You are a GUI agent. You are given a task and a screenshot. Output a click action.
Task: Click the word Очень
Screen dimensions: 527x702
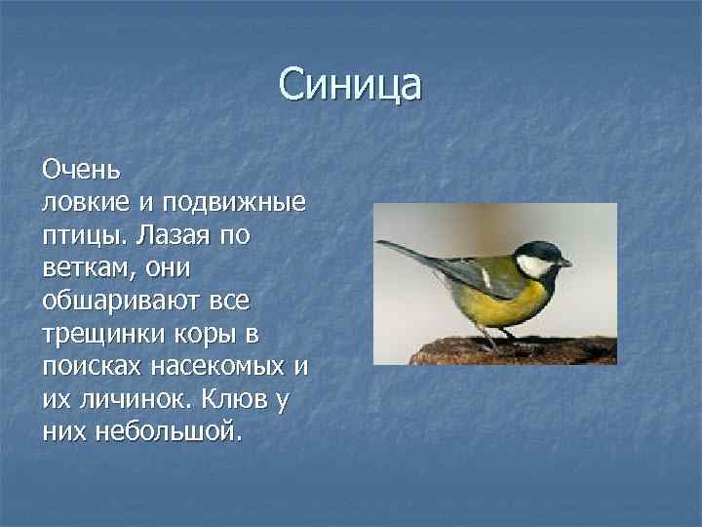81,170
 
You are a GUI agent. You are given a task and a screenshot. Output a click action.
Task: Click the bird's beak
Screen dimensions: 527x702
565,263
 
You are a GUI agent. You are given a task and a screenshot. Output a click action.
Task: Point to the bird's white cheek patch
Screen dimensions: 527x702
534,265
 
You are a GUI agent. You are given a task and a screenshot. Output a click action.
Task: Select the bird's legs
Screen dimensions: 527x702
487,337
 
